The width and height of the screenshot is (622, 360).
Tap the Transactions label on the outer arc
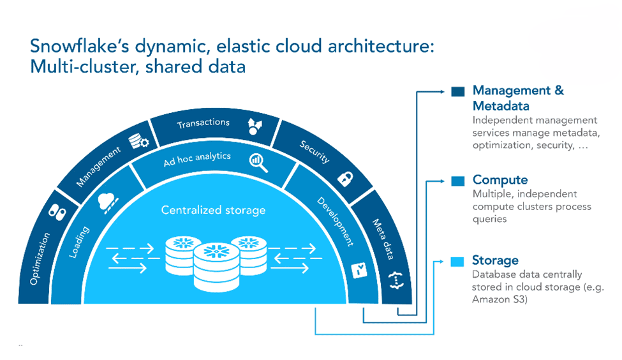[x=204, y=122]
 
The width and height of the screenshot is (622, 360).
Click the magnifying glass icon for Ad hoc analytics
[x=259, y=163]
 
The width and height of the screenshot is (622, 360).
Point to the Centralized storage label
[x=213, y=210]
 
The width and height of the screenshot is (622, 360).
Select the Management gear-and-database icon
[x=139, y=141]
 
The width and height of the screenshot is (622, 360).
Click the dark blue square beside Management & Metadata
[x=457, y=91]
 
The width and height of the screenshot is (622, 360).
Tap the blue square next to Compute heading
[x=457, y=181]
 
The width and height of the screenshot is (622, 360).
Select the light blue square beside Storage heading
[x=457, y=262]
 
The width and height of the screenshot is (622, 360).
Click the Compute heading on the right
[x=500, y=180]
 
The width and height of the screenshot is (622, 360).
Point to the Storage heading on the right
[x=495, y=260]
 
